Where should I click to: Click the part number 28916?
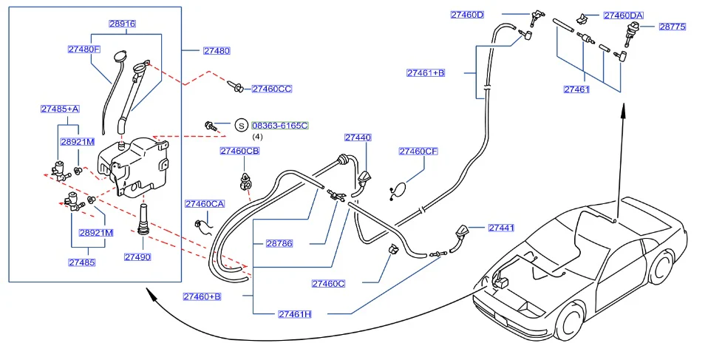coord(122,24)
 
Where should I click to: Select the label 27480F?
coord(84,50)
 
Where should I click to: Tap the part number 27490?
coord(137,257)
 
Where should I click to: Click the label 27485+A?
coord(60,109)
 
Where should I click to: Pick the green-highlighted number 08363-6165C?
coord(280,125)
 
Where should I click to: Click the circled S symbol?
coord(242,126)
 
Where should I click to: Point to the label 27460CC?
coord(272,89)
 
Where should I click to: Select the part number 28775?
coord(673,27)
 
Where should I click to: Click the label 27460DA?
coord(624,16)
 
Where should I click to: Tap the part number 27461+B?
coord(426,72)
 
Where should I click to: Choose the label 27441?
coord(501,228)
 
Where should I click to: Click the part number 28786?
coord(279,243)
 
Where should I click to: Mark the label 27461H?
coord(295,314)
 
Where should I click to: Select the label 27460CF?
coord(418,152)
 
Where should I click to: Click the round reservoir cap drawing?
coord(120,57)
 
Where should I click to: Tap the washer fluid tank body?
coord(133,167)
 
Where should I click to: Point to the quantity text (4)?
coord(257,137)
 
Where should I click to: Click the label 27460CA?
coord(205,204)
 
